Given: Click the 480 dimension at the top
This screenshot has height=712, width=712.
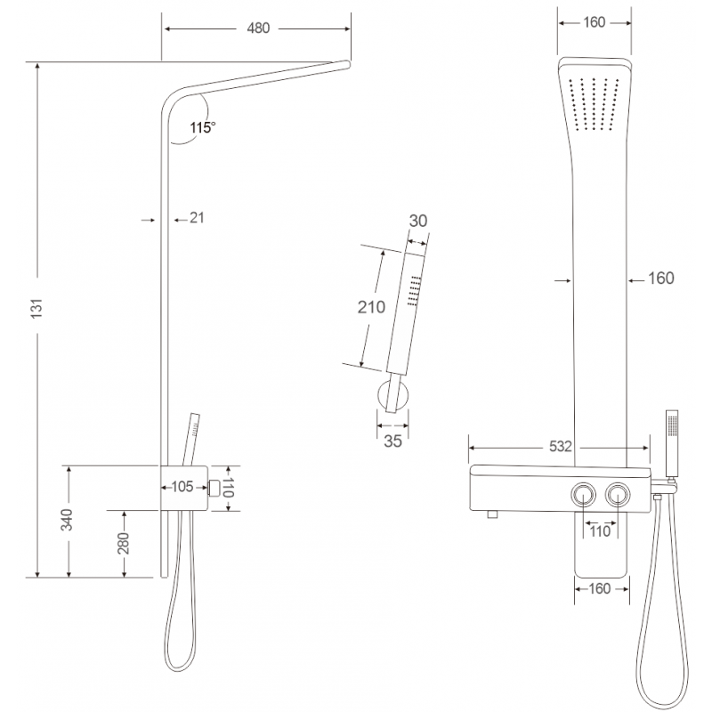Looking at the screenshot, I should click(257, 28).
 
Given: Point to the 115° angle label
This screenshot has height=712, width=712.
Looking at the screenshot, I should click(202, 128).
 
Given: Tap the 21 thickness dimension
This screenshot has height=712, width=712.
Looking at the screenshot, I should click(197, 217).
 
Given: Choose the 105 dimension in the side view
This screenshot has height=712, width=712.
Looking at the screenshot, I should click(182, 486).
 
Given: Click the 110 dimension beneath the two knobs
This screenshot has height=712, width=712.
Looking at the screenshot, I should click(601, 532).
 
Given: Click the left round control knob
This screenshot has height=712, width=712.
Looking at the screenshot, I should click(586, 494).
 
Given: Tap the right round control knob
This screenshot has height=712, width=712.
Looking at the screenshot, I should click(617, 494).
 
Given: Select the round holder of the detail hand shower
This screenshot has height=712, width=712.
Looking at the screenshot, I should click(392, 395).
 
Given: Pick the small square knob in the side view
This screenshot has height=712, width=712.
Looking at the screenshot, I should click(214, 486).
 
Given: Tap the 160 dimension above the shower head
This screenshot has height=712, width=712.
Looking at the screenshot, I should click(595, 22).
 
